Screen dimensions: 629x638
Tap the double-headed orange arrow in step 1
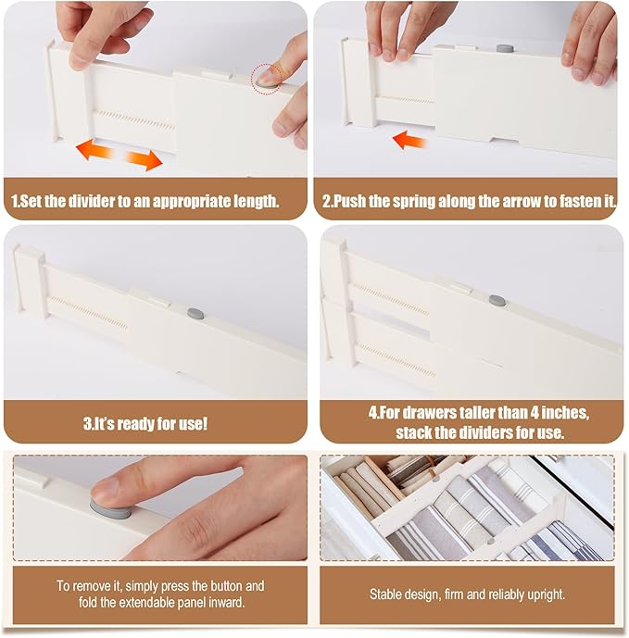tap(120, 155)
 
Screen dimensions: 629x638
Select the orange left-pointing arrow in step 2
tap(409, 141)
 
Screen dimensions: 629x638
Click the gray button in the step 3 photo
tap(195, 313)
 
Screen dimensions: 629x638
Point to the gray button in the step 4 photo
tap(497, 301)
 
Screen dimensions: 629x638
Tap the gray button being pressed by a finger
tap(111, 510)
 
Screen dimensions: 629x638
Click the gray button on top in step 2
tap(505, 48)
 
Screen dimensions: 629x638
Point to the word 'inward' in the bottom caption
tap(226, 602)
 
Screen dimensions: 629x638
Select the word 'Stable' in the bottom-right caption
tap(384, 594)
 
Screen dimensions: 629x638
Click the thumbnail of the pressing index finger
tap(160, 507)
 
